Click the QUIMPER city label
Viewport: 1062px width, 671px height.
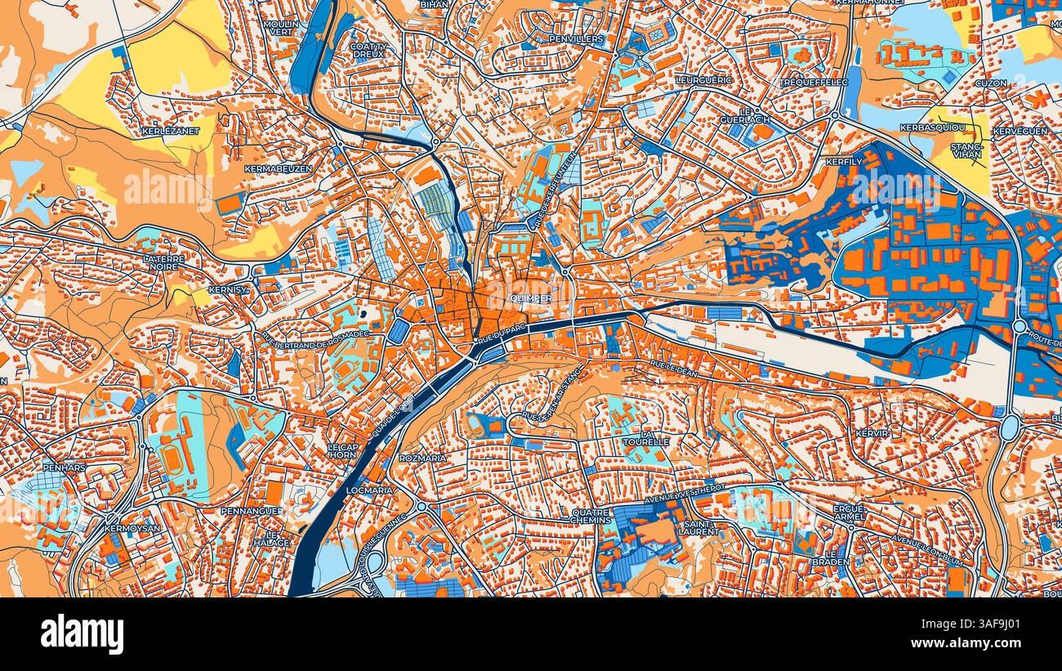tap(529, 299)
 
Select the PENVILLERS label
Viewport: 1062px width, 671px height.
tap(576, 38)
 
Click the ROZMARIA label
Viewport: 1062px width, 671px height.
tap(423, 459)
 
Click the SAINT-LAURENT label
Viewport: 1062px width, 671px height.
tap(698, 527)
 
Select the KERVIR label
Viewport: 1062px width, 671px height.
tap(872, 432)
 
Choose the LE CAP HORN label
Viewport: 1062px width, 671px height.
tap(343, 451)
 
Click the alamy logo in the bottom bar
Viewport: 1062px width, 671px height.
tap(83, 634)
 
